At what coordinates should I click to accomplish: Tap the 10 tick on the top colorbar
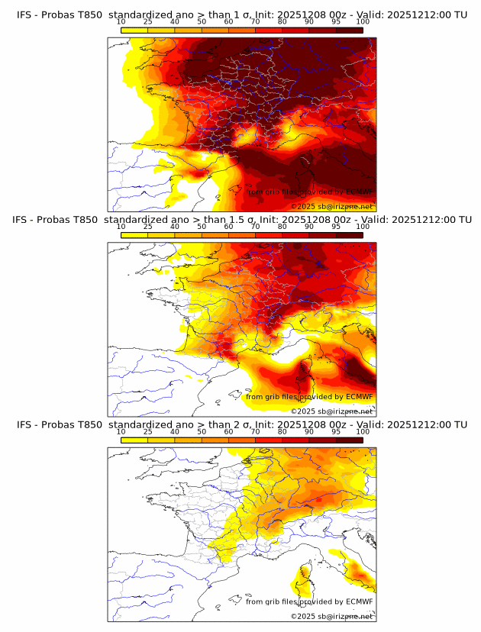coord(121,21)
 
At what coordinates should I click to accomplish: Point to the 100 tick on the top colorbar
coord(363,21)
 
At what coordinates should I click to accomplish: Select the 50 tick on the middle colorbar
coord(202,227)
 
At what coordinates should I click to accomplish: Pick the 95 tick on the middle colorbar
coord(336,227)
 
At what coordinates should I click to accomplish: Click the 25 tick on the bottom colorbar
coord(148,431)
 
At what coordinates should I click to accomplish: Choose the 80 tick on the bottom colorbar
coord(282,431)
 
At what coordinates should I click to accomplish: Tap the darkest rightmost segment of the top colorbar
coord(350,31)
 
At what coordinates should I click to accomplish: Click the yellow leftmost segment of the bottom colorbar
coord(134,440)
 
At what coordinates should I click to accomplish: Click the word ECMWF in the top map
coord(359,192)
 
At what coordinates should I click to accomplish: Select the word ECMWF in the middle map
coord(359,396)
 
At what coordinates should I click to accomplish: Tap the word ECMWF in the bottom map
coord(359,601)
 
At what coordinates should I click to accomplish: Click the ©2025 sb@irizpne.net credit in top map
coord(332,206)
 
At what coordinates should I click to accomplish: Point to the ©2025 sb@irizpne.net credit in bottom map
coord(332,616)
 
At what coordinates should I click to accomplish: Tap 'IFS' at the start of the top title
coord(25,15)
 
